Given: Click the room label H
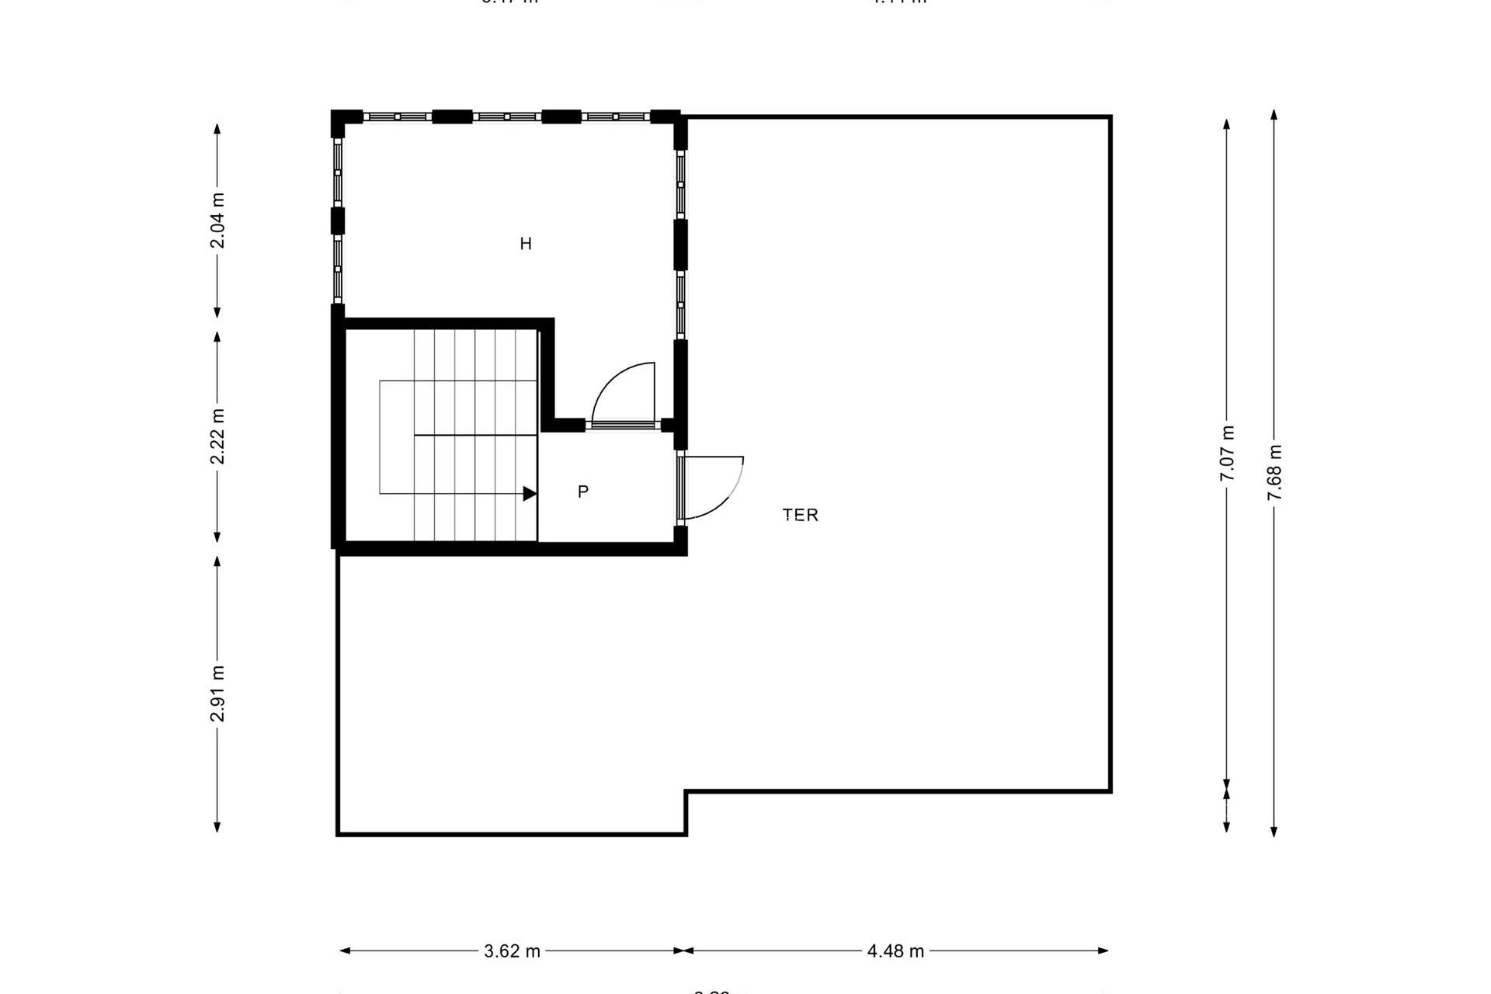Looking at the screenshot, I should (x=526, y=244).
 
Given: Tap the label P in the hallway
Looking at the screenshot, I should (x=583, y=492).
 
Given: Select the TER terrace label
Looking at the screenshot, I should (x=801, y=515).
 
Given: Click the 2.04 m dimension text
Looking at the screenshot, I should (x=217, y=221).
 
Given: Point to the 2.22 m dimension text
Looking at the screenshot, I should (x=217, y=436).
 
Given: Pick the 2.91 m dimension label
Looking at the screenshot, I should (x=217, y=693).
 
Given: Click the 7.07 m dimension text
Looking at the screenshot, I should (x=1227, y=454).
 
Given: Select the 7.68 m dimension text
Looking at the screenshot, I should (x=1274, y=473).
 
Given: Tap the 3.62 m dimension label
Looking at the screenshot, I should (x=512, y=951).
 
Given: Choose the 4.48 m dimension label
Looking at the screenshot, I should (x=895, y=951).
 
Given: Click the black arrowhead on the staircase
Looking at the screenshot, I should (x=530, y=493).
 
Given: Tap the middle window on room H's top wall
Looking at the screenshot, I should (x=506, y=116).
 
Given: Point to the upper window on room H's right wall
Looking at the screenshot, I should (x=680, y=184).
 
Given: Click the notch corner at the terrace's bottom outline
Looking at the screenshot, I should (x=686, y=792).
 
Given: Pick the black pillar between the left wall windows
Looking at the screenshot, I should (x=338, y=221).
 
